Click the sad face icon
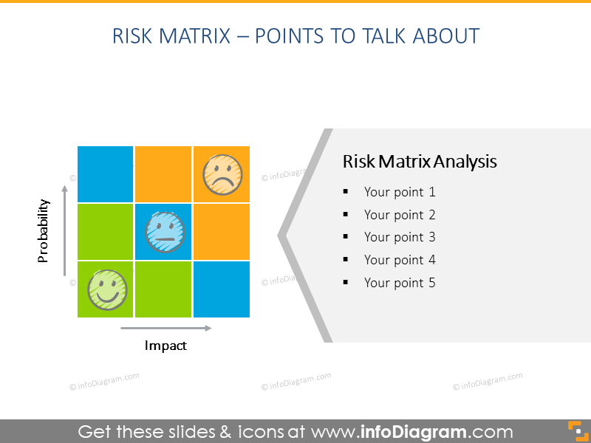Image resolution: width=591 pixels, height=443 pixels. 222,174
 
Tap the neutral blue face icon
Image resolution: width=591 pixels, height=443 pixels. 164,232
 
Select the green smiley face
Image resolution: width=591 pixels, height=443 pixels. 107,289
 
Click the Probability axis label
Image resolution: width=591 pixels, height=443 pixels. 44,230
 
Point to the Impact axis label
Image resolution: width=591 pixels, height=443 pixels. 165,346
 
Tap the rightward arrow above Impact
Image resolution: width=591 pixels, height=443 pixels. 165,328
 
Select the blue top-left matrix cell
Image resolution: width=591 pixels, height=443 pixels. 105,174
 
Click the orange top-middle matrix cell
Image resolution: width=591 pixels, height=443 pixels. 163,174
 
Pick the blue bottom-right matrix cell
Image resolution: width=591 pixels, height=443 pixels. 222,289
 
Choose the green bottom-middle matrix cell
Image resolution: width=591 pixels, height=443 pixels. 163,289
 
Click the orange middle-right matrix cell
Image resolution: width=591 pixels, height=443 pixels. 222,232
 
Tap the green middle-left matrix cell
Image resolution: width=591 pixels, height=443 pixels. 105,232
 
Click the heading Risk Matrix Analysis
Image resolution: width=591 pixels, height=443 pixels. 420,162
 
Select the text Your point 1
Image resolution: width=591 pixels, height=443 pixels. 400,192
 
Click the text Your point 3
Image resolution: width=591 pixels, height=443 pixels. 400,237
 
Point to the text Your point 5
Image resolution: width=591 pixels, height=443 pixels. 400,283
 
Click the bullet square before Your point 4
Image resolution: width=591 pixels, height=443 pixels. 345,260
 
